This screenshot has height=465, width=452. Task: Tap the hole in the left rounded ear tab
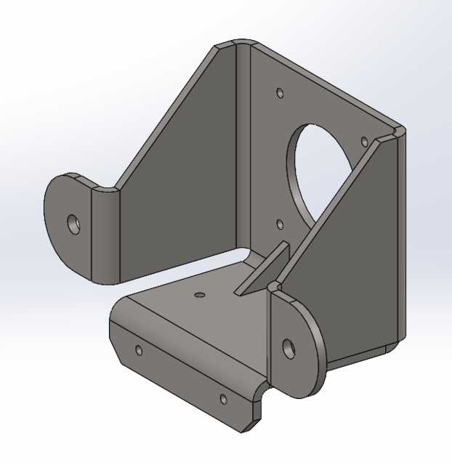(74, 222)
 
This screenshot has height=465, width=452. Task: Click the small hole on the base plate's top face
(198, 295)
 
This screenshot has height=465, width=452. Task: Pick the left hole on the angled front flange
(140, 351)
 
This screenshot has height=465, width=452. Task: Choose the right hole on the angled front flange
(223, 399)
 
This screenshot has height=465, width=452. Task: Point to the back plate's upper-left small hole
(281, 93)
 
